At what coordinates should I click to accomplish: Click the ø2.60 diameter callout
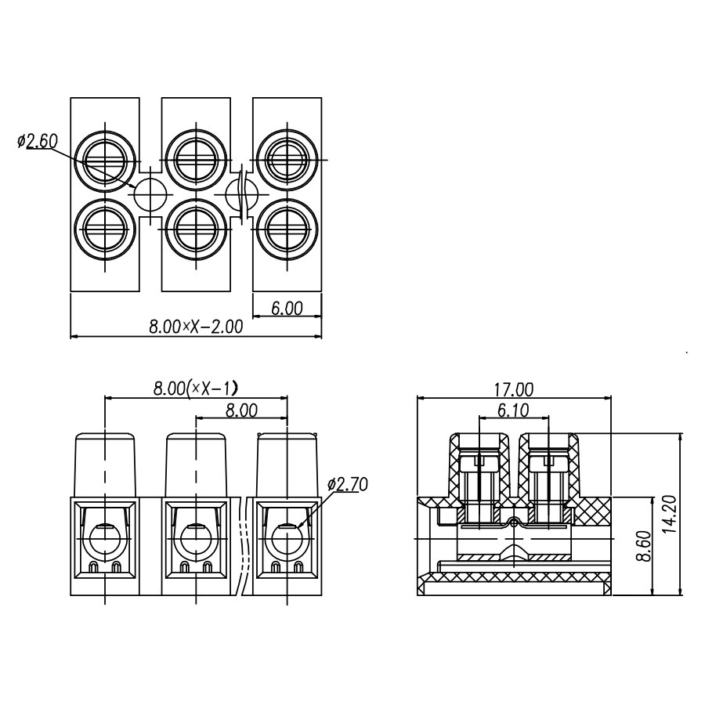[38, 141]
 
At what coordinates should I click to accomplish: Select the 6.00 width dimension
[287, 309]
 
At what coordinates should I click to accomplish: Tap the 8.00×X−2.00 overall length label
[196, 327]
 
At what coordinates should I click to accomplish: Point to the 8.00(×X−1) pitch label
[195, 388]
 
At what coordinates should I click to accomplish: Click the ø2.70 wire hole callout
[348, 484]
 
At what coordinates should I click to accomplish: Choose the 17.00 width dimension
[514, 390]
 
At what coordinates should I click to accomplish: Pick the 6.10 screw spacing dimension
[513, 410]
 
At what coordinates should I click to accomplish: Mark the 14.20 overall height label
[670, 514]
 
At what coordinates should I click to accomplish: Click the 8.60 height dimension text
[644, 546]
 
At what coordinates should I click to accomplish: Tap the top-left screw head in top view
[105, 161]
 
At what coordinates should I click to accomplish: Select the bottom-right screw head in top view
[287, 229]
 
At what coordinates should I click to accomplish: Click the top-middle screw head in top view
[196, 161]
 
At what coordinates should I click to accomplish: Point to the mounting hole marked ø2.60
[150, 195]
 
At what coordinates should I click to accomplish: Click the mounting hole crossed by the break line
[241, 195]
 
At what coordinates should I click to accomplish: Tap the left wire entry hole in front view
[105, 539]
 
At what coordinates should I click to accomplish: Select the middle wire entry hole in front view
[196, 539]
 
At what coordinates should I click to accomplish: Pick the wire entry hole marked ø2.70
[287, 539]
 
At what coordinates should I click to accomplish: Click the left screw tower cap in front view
[105, 465]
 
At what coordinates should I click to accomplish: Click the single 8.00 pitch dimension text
[241, 410]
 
